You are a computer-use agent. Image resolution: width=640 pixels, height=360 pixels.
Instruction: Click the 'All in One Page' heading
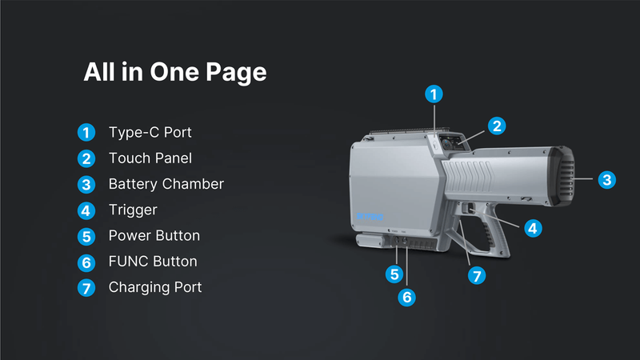[x=175, y=72]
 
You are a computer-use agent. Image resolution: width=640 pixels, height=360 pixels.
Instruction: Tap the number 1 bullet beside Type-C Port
[x=86, y=133]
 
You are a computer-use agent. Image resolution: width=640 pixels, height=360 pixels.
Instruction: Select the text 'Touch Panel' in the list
[x=150, y=158]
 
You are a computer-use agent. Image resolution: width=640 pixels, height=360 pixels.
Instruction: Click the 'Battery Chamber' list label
[x=166, y=184]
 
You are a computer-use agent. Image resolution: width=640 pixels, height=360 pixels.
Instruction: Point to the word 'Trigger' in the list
[x=133, y=210]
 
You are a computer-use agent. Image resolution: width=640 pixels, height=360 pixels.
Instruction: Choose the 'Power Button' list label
[x=154, y=235]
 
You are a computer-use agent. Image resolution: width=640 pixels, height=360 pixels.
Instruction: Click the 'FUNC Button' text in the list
[x=153, y=262]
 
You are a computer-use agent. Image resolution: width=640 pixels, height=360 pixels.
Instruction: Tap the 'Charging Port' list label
[x=155, y=287]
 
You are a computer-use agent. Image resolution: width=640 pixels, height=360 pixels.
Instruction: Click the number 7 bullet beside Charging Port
[x=86, y=288]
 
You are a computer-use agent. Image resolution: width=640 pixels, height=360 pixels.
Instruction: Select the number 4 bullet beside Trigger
[x=86, y=210]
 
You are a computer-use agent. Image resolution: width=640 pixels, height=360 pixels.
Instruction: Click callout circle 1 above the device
[x=434, y=94]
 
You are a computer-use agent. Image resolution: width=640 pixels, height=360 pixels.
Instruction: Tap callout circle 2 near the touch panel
[x=497, y=126]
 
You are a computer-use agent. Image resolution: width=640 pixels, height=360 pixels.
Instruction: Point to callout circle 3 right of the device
[x=607, y=179]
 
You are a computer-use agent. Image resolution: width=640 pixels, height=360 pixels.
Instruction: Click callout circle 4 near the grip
[x=533, y=229]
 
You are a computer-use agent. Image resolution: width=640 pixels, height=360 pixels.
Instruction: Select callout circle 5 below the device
[x=394, y=274]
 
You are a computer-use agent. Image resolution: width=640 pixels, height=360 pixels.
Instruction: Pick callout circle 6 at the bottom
[x=407, y=297]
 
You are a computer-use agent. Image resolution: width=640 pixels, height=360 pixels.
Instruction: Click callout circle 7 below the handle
[x=477, y=276]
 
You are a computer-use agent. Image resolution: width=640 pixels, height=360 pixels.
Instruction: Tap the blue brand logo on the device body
[x=370, y=216]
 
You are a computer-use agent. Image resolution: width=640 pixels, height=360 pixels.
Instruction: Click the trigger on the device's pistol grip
[x=468, y=208]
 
